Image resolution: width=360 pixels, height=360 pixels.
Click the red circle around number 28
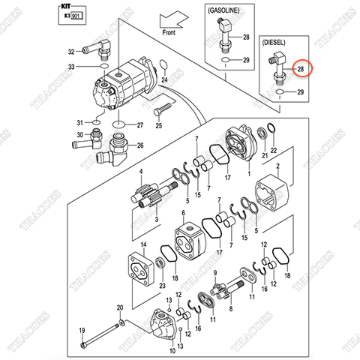tap(301, 69)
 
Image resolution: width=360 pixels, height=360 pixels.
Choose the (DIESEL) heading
tap(280, 43)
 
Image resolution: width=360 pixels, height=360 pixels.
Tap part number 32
tap(71, 52)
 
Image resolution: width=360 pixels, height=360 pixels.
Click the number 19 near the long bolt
tap(82, 330)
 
